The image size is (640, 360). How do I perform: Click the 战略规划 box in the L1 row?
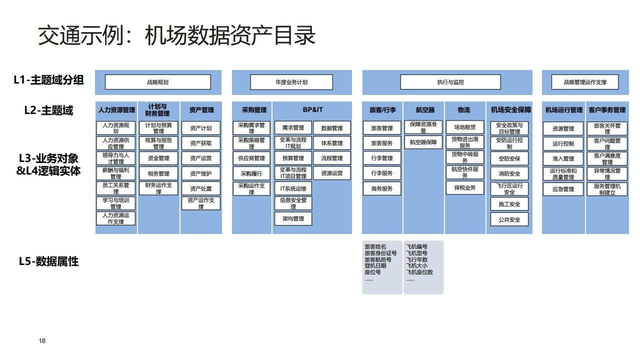coord(157,82)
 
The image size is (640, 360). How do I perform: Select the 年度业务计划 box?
coord(291,82)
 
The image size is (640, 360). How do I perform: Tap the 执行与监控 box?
coord(450,82)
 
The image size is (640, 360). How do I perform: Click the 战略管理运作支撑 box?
coord(584,82)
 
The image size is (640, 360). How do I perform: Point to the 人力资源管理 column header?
coord(116,110)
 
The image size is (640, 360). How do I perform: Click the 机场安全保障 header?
coord(510,110)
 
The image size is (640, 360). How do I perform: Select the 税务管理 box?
coord(158,173)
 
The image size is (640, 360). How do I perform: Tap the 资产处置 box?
coord(200,188)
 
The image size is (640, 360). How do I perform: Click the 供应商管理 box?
coord(251,158)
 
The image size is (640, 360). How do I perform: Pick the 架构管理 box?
coord(293,218)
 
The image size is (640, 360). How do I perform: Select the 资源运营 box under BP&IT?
coord(332,173)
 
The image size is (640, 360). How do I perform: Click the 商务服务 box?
coord(382,188)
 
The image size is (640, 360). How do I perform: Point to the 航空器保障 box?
coord(423,142)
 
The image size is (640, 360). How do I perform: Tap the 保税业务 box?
coord(464,188)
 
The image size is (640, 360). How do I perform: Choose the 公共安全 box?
coord(509,219)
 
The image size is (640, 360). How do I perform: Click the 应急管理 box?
coord(563,189)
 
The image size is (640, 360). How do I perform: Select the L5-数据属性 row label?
coord(48,261)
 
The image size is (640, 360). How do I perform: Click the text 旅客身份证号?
coord(380,253)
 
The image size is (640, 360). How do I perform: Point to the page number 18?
coord(42,341)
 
